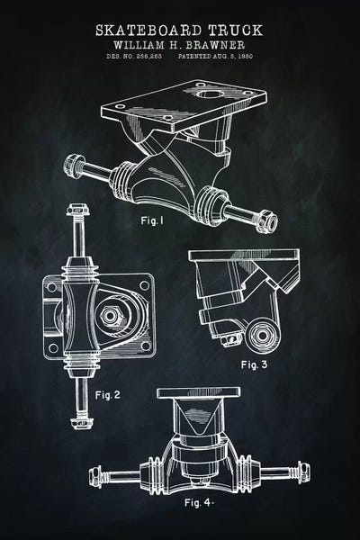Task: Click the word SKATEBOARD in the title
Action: pos(148,31)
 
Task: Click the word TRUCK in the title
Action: pos(236,31)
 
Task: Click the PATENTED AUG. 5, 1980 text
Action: pos(215,56)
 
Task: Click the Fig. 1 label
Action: pos(152,220)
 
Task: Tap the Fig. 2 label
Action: pos(108,395)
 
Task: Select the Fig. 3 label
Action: pos(254,364)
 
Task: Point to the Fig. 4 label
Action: pos(199,502)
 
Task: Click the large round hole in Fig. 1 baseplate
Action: pos(209,93)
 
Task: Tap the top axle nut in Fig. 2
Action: pos(77,209)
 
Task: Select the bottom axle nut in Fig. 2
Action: pos(82,423)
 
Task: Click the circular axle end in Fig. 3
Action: pos(263,335)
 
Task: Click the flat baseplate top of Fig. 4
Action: pos(198,393)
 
